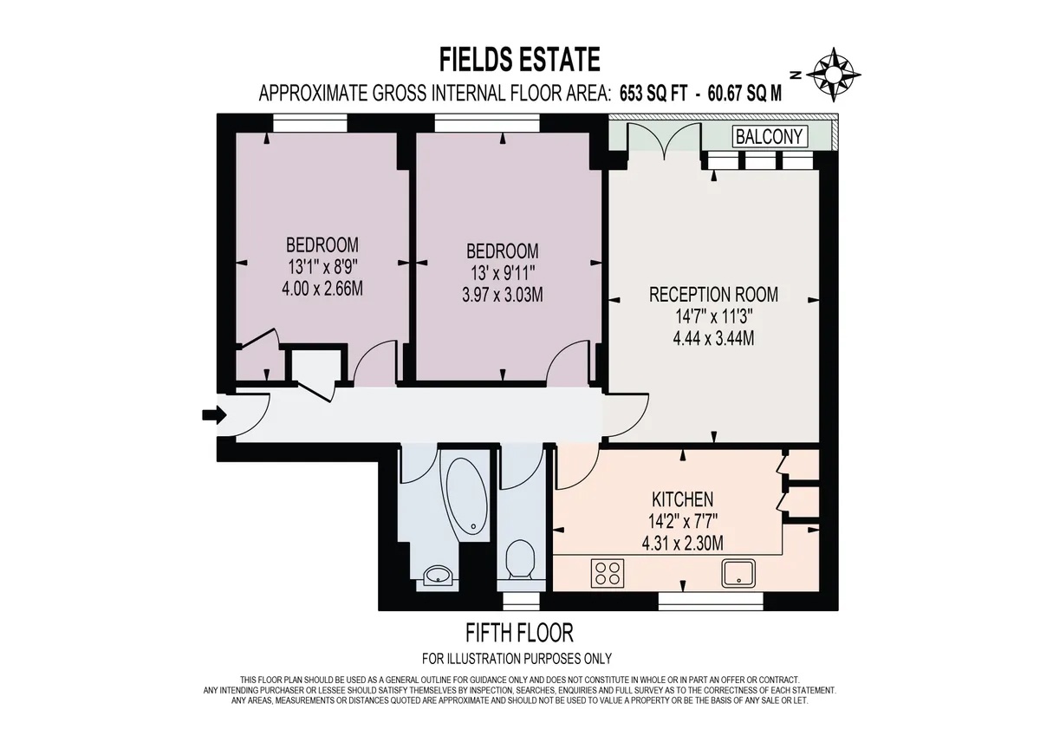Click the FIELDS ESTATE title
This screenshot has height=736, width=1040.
[519, 60]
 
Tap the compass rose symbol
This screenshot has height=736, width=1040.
[834, 72]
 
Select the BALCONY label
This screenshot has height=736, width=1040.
[770, 136]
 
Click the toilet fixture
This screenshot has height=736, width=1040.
[521, 561]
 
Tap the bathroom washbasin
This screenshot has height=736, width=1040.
[438, 574]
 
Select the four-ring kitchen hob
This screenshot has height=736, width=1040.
[608, 572]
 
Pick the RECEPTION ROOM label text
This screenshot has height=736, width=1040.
[713, 295]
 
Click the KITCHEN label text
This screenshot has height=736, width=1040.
[682, 499]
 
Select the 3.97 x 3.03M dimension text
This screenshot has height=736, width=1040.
[502, 295]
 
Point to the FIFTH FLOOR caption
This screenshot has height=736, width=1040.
[518, 632]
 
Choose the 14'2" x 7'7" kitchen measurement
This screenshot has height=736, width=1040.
[682, 521]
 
